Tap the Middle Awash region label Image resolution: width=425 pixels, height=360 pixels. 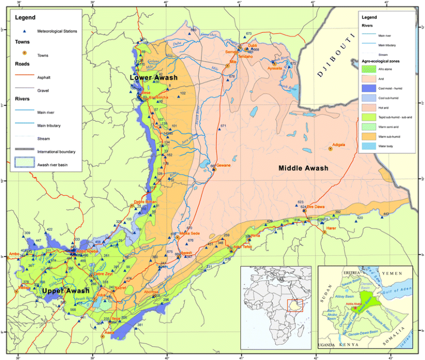click(x=303, y=168)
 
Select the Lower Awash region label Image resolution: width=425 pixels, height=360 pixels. click(x=153, y=78)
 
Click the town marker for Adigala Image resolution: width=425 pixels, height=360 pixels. click(x=330, y=149)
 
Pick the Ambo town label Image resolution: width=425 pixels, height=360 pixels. click(x=14, y=253)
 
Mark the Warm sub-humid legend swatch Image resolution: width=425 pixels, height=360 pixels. click(x=369, y=136)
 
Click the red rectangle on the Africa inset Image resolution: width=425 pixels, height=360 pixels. click(x=295, y=305)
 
